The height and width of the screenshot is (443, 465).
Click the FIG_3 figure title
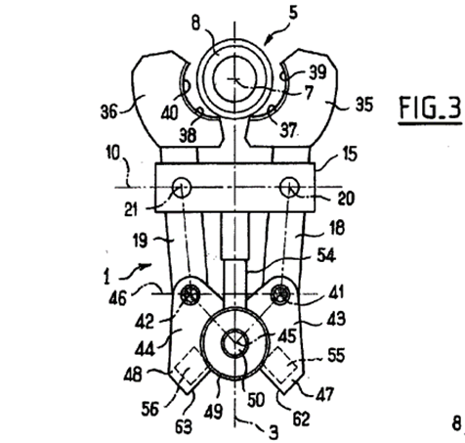(430, 108)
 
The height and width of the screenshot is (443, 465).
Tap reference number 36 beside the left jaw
(108, 111)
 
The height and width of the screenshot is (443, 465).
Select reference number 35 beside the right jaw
(363, 105)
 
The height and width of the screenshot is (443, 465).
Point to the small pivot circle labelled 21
(182, 188)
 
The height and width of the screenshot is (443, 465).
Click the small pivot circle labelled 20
(289, 187)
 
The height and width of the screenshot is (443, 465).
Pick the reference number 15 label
(350, 154)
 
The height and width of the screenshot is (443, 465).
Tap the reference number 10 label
(113, 153)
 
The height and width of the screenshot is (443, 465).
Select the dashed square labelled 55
(279, 365)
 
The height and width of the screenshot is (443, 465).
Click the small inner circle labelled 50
(235, 343)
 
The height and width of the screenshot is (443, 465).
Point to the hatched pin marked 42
(190, 294)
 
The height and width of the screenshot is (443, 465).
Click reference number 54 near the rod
(326, 255)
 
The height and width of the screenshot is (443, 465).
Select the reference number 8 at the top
(195, 23)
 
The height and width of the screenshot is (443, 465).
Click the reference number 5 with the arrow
(293, 13)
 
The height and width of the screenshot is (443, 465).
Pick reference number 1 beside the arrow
(106, 278)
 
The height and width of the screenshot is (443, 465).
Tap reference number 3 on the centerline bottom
(274, 432)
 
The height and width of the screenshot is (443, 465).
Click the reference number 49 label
(213, 412)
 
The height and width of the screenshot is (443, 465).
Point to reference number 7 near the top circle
(310, 92)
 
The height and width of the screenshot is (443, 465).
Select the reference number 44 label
(145, 350)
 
